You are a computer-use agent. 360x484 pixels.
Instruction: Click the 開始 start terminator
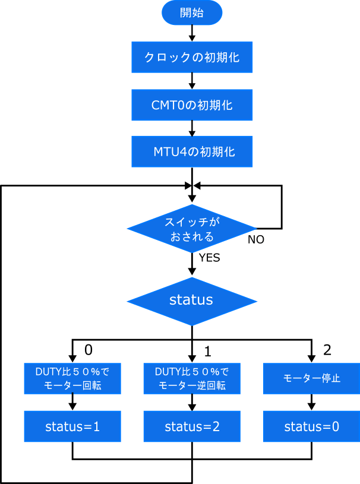(191, 13)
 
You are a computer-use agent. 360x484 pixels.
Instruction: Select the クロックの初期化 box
(191, 57)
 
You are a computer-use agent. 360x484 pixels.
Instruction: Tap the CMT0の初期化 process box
(191, 105)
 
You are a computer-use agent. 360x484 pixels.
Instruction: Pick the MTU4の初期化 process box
(191, 152)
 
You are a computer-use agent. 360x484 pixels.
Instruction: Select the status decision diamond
(191, 300)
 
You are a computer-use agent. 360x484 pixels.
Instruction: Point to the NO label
(256, 240)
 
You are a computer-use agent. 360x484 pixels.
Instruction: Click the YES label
(209, 258)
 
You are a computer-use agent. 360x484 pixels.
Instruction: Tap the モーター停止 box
(311, 378)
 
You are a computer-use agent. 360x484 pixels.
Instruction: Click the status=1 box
(72, 426)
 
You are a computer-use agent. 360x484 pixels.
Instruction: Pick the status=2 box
(191, 426)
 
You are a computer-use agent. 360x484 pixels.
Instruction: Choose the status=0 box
(311, 426)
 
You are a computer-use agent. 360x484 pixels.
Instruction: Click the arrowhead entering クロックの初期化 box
(191, 37)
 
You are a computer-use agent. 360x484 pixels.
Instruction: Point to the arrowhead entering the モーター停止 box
(311, 358)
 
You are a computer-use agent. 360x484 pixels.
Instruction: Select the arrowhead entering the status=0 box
(311, 406)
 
